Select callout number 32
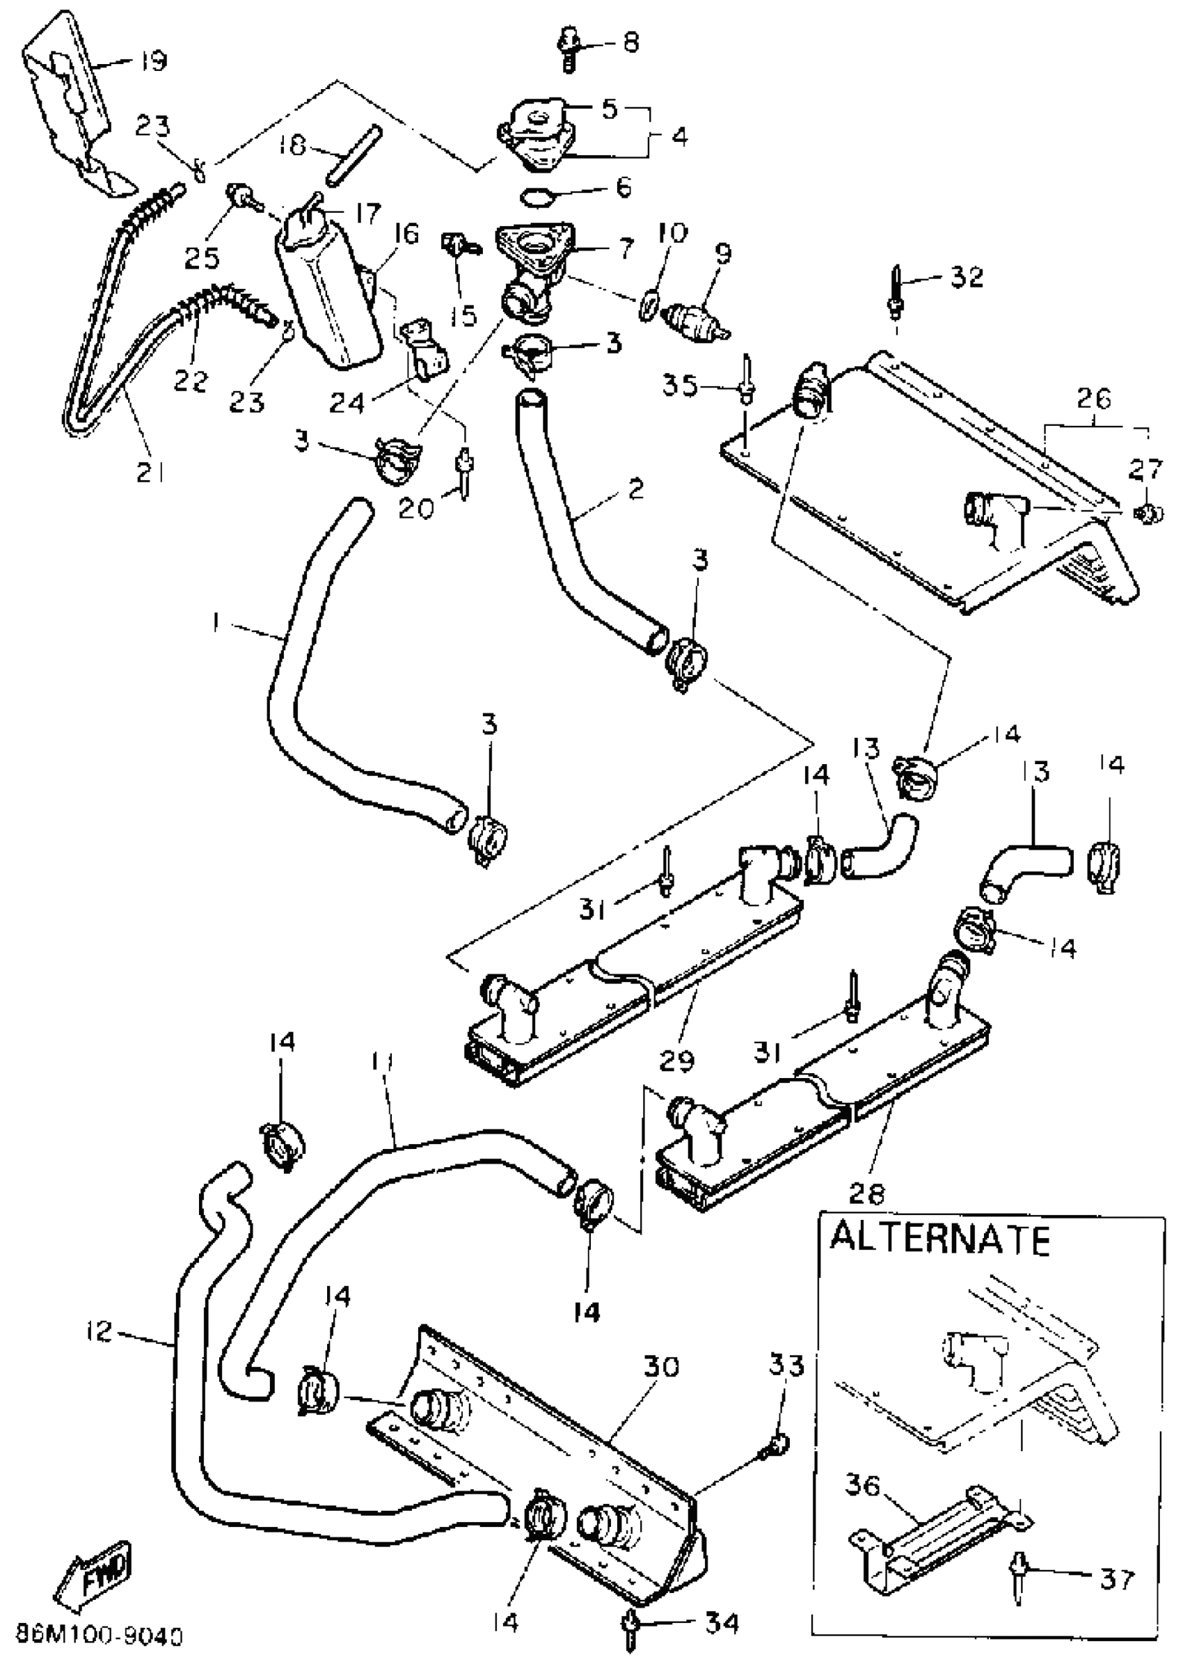tap(967, 277)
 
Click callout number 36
tap(864, 1484)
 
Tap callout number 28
tap(868, 1194)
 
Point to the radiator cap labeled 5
tap(535, 122)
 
